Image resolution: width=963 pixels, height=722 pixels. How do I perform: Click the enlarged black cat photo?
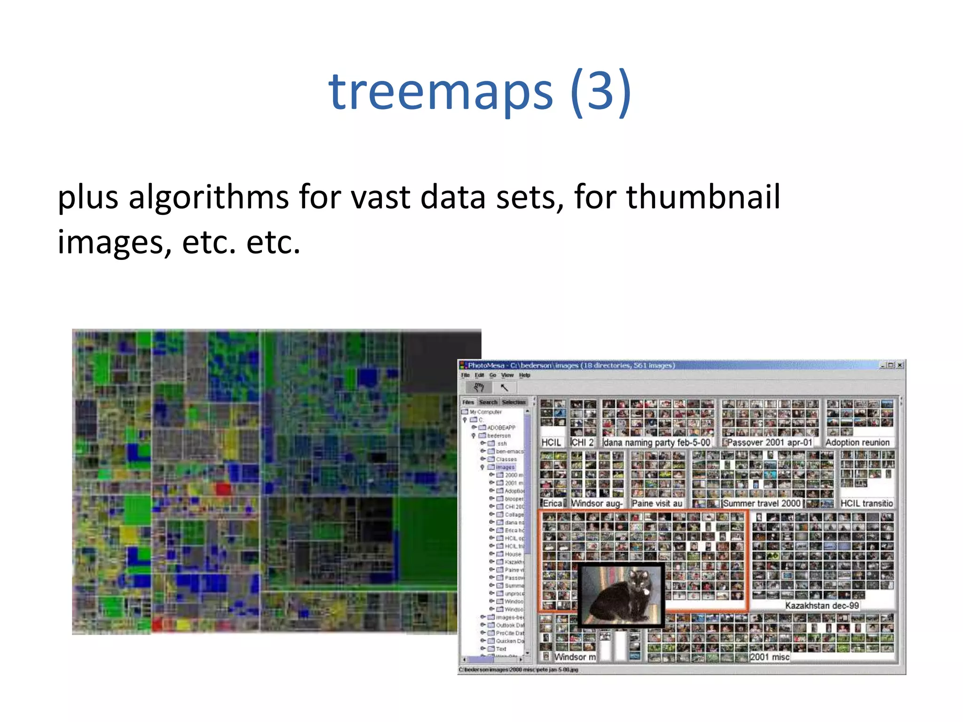coord(621,595)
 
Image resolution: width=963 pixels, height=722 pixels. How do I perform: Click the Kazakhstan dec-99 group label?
coord(822,605)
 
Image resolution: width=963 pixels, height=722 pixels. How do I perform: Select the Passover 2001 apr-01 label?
coord(770,442)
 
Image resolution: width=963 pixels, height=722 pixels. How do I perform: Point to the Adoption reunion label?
coord(857,442)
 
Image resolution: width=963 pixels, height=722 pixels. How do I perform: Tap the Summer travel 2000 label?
coord(761,503)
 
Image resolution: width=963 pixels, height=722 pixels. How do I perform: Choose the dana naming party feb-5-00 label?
coord(656,442)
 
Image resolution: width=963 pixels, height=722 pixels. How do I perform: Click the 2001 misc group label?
coord(770,657)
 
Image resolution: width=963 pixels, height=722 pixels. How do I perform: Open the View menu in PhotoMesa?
coord(507,375)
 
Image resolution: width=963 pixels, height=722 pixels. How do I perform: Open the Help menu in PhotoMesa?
coord(525,375)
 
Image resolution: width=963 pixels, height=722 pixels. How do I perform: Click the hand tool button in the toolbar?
coord(479,387)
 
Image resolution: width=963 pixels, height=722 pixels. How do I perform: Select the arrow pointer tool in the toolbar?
coord(504,387)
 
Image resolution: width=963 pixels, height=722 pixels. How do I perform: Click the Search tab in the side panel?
coord(488,402)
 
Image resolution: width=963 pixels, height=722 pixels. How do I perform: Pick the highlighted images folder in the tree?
coord(505,467)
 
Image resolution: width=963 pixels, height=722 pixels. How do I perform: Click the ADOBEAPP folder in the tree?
coord(501,428)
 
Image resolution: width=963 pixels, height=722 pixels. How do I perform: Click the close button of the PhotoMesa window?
coord(900,365)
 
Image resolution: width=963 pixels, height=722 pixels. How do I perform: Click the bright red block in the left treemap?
coord(224,489)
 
